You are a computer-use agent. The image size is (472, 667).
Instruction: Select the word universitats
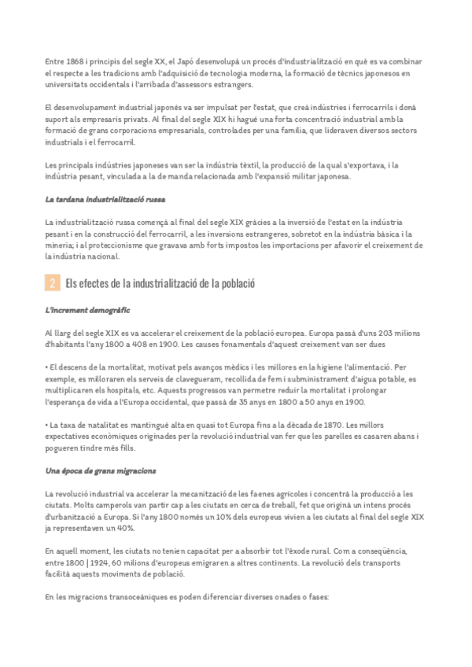(x=71, y=84)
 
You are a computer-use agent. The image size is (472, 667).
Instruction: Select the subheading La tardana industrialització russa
(x=105, y=200)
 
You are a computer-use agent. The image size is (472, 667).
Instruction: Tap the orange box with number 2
(x=52, y=282)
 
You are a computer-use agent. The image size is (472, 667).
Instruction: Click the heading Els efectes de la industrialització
(x=160, y=282)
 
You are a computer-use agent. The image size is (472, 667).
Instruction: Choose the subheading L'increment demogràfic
(x=88, y=311)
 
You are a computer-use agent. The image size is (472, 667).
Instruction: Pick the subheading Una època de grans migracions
(x=101, y=471)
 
